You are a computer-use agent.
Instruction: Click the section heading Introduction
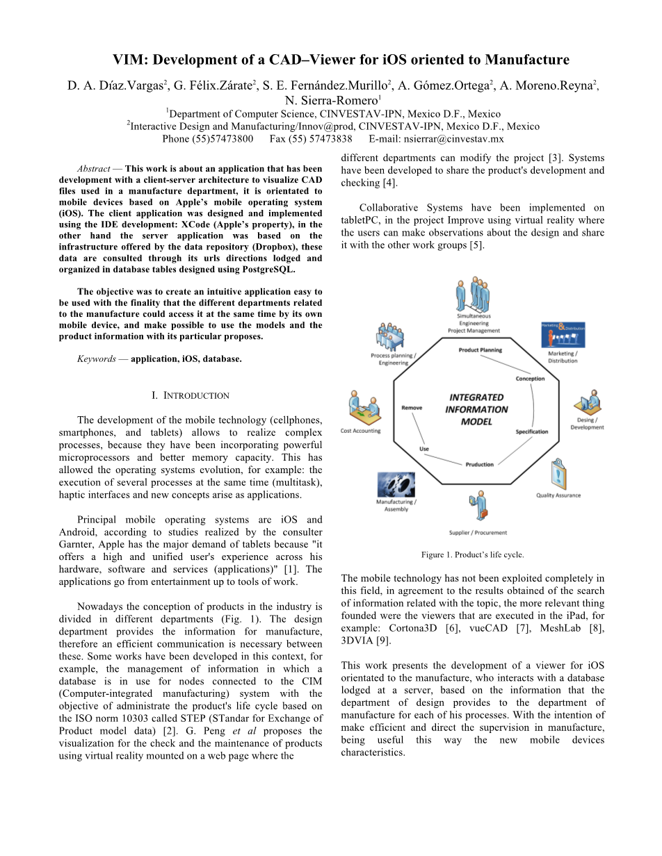[x=191, y=395]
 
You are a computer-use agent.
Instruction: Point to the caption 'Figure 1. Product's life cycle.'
[x=472, y=554]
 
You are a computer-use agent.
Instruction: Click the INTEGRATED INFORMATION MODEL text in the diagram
[x=476, y=409]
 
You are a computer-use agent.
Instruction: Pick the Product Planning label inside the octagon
[x=480, y=350]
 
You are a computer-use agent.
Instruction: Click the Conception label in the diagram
[x=530, y=379]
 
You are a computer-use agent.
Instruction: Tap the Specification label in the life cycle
[x=532, y=431]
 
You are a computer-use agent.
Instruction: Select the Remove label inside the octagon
[x=412, y=408]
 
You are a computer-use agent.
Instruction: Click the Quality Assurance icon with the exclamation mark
[x=558, y=476]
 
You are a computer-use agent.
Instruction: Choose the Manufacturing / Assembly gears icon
[x=396, y=484]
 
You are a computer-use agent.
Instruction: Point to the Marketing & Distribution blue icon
[x=563, y=335]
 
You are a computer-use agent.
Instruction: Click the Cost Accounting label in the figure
[x=360, y=431]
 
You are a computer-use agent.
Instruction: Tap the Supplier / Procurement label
[x=478, y=533]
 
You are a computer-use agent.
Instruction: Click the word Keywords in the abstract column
[x=96, y=359]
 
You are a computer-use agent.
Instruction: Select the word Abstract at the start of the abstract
[x=93, y=169]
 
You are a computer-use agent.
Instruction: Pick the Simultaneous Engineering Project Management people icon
[x=473, y=295]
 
